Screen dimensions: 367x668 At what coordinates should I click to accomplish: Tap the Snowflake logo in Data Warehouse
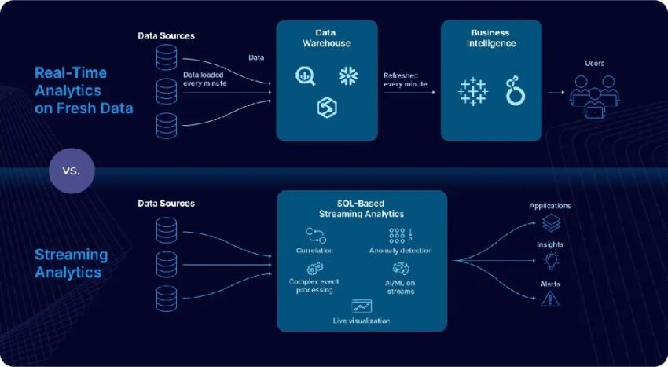348,75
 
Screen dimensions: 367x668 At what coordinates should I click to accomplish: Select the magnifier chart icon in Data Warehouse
304,75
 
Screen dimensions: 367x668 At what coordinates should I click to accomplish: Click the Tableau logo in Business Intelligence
472,92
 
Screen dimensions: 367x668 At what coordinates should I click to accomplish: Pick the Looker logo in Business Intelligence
515,92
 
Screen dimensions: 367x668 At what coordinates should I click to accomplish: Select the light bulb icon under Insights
550,259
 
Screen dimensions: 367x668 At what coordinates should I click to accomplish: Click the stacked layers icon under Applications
550,222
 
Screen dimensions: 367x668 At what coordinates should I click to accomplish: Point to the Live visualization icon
362,306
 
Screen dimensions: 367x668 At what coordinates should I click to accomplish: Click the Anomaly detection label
400,251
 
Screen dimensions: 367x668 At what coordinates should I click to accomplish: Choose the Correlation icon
316,235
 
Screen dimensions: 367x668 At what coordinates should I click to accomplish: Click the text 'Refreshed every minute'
406,79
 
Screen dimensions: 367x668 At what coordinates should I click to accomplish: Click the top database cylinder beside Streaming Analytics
166,229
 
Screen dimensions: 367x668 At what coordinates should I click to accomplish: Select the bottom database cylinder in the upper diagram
166,124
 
